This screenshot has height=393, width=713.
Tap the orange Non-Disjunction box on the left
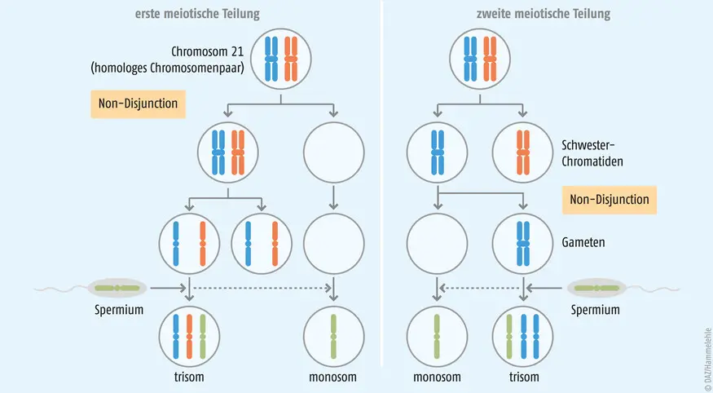click(x=139, y=104)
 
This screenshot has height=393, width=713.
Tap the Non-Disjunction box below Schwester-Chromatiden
click(x=610, y=200)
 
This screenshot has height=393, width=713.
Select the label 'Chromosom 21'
click(x=209, y=51)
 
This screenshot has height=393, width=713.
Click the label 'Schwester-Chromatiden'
click(x=592, y=153)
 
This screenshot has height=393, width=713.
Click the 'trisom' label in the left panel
click(x=189, y=378)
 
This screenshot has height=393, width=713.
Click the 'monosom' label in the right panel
click(x=437, y=378)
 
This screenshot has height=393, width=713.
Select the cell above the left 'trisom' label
click(x=189, y=336)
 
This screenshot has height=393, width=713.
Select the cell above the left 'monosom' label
click(x=332, y=336)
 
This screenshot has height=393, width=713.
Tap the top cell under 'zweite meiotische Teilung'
click(x=481, y=59)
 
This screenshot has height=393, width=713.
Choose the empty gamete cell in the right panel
click(x=437, y=244)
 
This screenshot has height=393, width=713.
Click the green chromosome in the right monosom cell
click(x=437, y=336)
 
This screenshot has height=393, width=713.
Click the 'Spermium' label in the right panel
click(x=595, y=311)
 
